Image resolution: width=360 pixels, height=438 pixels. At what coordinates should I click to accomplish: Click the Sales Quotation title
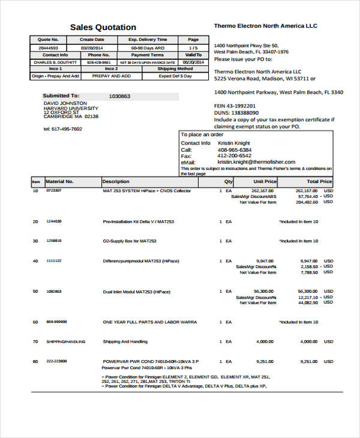pos(103,28)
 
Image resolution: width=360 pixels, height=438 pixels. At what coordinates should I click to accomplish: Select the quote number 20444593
pos(49,47)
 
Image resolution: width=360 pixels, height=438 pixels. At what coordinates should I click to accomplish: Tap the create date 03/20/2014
pos(92,47)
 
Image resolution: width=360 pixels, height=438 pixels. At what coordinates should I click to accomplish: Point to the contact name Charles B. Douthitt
pos(55,62)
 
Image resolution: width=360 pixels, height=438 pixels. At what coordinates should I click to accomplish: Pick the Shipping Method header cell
pos(175,69)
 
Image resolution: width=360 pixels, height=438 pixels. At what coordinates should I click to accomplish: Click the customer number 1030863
pos(119,96)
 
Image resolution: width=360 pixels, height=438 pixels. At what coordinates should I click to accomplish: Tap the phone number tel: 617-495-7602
pos(63,128)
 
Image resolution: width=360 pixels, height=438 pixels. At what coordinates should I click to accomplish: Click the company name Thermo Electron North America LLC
pos(265,26)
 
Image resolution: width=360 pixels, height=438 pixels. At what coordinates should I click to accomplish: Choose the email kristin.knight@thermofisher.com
pos(256,162)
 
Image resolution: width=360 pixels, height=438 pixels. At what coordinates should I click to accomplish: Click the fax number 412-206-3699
pos(235,156)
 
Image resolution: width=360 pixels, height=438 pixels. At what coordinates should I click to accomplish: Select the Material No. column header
pos(59,181)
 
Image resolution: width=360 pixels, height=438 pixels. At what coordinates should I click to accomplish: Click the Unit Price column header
pos(265,181)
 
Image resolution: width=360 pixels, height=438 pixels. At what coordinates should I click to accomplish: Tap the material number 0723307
pos(53,190)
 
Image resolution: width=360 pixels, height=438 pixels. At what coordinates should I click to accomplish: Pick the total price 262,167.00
pos(307,190)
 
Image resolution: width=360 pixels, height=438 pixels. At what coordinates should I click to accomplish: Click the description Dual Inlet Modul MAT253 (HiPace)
pos(137,292)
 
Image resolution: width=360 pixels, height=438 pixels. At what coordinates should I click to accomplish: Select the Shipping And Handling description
pos(125,341)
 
